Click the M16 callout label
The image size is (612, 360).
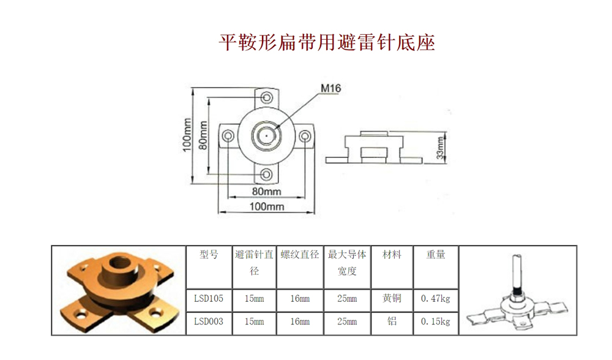pos(330,89)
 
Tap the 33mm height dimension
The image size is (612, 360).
pos(441,148)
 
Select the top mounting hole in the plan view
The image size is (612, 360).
pos(267,97)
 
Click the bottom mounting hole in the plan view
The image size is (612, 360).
pos(267,174)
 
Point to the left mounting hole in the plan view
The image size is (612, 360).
pos(228,136)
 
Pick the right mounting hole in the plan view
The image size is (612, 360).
pos(305,136)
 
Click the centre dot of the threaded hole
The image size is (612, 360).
pos(267,136)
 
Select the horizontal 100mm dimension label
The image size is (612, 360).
pos(267,206)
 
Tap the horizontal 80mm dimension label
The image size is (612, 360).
pos(267,191)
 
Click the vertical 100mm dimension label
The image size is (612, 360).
pos(187,135)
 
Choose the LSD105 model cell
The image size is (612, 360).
pos(209,299)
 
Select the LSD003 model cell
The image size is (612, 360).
pos(209,322)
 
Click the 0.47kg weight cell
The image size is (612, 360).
pos(436,299)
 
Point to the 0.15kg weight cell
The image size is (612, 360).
pos(436,322)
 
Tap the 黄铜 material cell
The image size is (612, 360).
pos(392,299)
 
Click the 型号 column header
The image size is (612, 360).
pos(209,255)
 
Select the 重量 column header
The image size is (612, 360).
pos(436,255)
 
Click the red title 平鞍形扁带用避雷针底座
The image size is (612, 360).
pos(327,42)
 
